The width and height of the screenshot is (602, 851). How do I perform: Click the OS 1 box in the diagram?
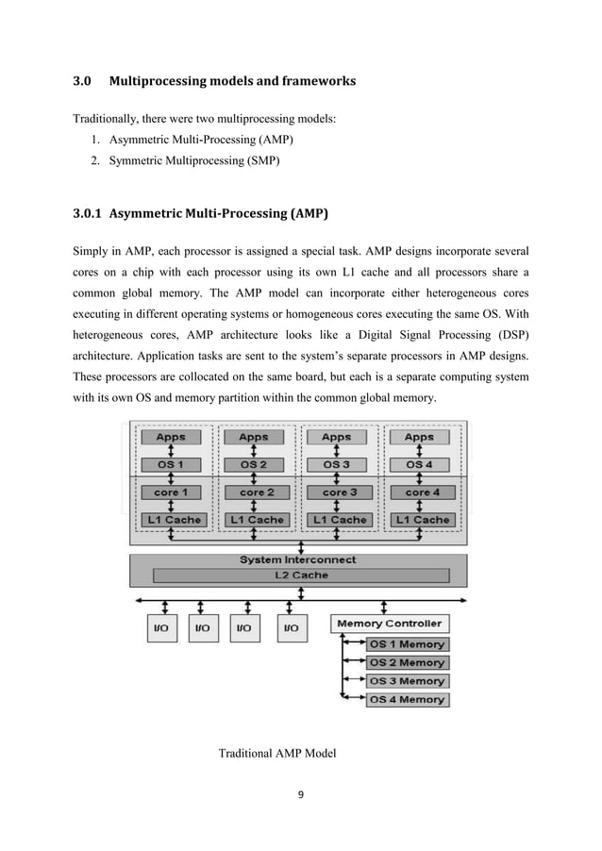(x=171, y=464)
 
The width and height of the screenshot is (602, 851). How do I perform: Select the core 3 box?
(x=336, y=492)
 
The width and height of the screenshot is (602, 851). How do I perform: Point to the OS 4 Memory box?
(x=406, y=699)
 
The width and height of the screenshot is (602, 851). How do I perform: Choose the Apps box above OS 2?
(x=253, y=437)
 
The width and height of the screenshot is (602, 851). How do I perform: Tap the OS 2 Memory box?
(x=406, y=662)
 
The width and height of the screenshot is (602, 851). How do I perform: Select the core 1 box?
(x=171, y=492)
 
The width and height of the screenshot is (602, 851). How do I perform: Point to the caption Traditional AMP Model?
(x=277, y=754)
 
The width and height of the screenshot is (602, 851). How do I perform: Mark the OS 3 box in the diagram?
(x=336, y=464)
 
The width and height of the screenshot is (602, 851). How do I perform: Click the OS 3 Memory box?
(x=406, y=680)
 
